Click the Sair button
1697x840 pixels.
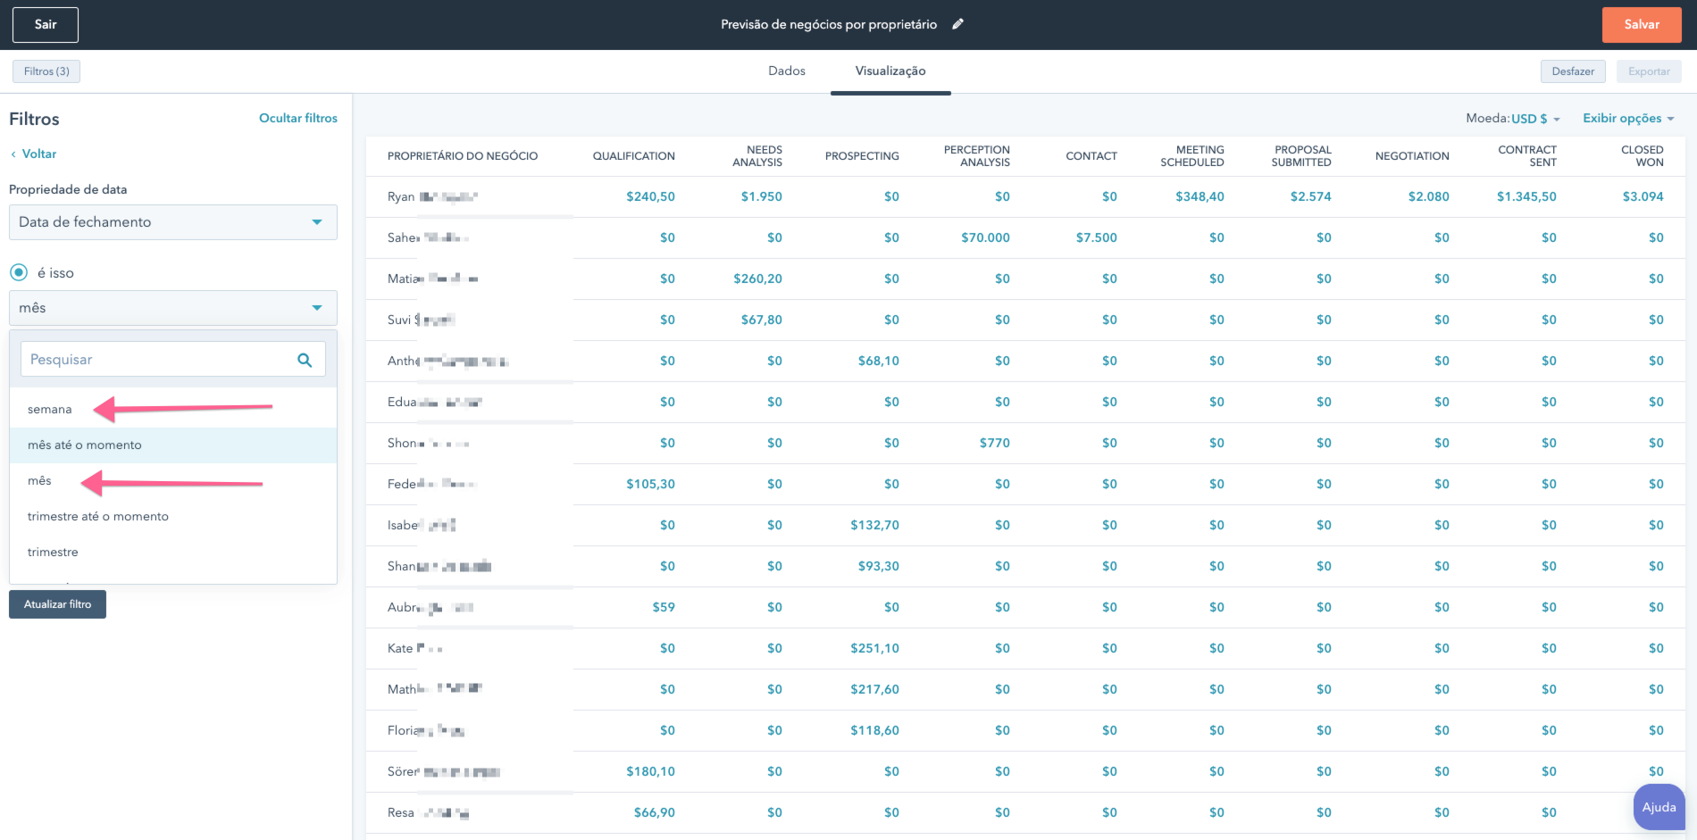46,25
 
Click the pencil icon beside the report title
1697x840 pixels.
957,24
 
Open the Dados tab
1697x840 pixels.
786,71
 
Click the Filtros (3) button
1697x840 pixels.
46,71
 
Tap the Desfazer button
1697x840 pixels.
1572,71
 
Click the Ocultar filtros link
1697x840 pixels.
297,118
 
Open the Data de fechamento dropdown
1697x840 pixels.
172,222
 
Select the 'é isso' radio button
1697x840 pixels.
19,272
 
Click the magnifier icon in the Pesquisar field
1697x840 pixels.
305,360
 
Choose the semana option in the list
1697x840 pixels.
50,410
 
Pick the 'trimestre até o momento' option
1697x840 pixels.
98,517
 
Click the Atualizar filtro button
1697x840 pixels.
57,604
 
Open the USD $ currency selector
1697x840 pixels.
1534,119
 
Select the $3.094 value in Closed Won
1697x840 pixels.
1642,196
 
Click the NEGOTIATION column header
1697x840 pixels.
1411,156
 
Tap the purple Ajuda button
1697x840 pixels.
1659,807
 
